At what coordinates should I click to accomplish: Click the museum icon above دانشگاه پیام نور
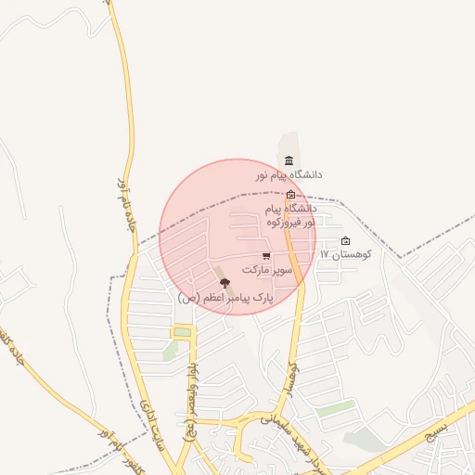click(x=289, y=161)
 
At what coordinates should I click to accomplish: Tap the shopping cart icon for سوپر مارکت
click(x=266, y=256)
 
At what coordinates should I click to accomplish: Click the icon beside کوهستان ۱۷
click(x=346, y=241)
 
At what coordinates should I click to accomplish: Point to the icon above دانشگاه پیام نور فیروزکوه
click(x=291, y=195)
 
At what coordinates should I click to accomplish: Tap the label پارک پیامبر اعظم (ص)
click(x=227, y=298)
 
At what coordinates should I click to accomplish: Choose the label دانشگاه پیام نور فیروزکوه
click(x=290, y=215)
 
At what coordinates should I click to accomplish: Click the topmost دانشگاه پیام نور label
click(x=289, y=173)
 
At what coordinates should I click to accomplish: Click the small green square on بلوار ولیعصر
click(x=182, y=332)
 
